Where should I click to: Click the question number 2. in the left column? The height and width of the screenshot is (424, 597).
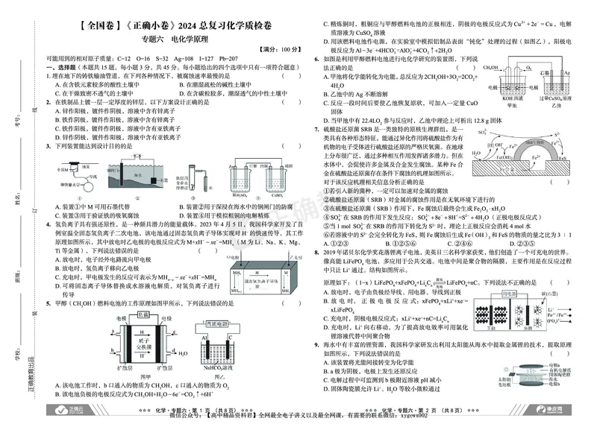pos(49,102)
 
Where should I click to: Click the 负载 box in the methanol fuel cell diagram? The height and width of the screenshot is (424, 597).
pos(136,315)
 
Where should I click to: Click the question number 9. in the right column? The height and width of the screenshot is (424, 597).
pos(319,346)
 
